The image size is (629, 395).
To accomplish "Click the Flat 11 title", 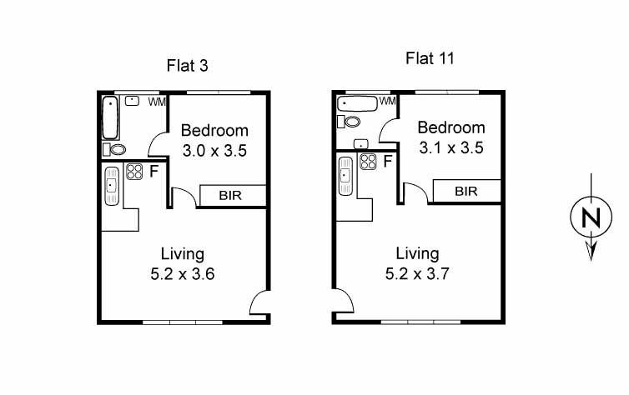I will point(429,58).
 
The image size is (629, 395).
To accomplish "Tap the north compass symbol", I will point(591,218).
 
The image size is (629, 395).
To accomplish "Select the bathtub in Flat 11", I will point(358,104).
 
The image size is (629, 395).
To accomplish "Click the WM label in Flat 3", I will point(156,102).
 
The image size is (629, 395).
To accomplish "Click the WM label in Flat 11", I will point(387,102).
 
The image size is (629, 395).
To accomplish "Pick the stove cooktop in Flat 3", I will point(133,172).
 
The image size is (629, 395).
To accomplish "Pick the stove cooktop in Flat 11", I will point(368,162).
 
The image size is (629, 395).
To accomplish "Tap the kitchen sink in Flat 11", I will point(345,176).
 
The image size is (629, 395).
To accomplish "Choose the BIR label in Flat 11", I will point(466,191).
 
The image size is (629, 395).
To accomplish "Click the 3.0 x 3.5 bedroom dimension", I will point(214,151).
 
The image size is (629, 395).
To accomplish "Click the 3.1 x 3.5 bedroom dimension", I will point(450,147).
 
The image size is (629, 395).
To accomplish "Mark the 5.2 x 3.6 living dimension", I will point(181,272).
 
